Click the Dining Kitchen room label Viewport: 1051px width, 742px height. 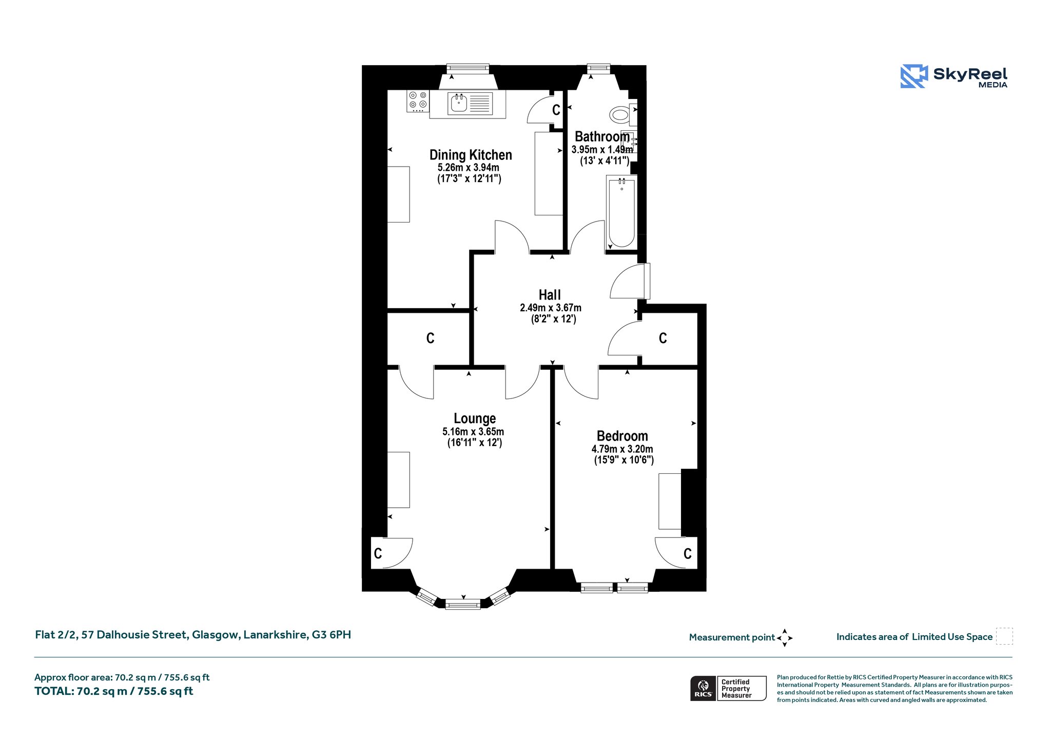[x=471, y=155]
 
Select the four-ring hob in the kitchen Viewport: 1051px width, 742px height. [x=418, y=101]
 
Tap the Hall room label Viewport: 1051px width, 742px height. [x=550, y=295]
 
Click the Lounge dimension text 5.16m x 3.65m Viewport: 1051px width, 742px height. [x=473, y=432]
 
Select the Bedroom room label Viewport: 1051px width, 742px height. [x=622, y=436]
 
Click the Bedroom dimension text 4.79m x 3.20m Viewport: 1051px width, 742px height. [x=622, y=449]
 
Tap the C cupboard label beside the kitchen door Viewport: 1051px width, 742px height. [x=556, y=110]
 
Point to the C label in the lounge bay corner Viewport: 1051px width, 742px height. [x=378, y=553]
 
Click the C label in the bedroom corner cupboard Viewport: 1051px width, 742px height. [x=688, y=554]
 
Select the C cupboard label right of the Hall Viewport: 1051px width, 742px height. [x=663, y=338]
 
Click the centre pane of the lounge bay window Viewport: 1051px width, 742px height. [x=463, y=605]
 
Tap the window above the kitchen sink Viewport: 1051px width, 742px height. [x=468, y=68]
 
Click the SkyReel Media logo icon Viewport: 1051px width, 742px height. [x=914, y=76]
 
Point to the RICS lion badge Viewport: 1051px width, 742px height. [x=703, y=688]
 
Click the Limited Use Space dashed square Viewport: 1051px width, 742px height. [x=1004, y=636]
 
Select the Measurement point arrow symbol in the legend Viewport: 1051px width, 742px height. [x=785, y=638]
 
